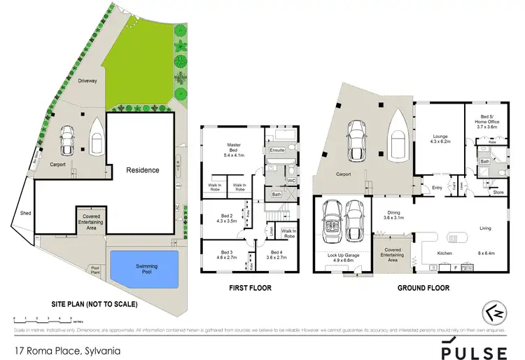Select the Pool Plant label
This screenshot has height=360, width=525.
point(94,270)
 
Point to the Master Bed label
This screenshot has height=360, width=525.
point(234,148)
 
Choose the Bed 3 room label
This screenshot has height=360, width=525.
point(225,254)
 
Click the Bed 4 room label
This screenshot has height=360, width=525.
point(273,254)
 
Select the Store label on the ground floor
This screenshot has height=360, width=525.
point(498,192)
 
